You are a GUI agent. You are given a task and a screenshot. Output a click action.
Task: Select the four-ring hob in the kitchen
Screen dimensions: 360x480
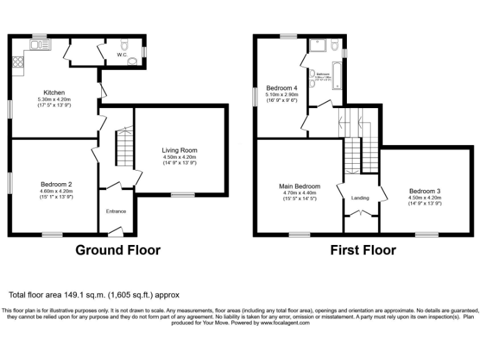pyautogui.click(x=18, y=62)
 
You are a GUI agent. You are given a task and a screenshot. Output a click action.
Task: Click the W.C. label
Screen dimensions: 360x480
pyautogui.click(x=122, y=54)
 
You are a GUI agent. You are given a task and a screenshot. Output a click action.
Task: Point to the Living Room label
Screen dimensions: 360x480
pyautogui.click(x=179, y=150)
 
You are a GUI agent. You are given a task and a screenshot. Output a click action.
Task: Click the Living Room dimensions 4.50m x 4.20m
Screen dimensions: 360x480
pyautogui.click(x=179, y=157)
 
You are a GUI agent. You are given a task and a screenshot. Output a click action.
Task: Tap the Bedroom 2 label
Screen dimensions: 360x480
pyautogui.click(x=56, y=184)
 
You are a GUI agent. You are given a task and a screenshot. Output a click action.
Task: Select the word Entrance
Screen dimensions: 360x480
pyautogui.click(x=116, y=211)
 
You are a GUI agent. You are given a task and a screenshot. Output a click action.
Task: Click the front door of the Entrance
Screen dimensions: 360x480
pyautogui.click(x=116, y=232)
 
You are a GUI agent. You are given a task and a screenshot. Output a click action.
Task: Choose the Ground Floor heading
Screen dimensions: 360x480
pyautogui.click(x=117, y=250)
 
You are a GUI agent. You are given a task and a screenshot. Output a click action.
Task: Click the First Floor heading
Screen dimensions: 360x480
pyautogui.click(x=363, y=250)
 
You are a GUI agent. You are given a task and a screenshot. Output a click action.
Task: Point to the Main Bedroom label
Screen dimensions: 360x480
pyautogui.click(x=299, y=186)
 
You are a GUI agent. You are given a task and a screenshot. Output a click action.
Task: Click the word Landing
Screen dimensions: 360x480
pyautogui.click(x=360, y=198)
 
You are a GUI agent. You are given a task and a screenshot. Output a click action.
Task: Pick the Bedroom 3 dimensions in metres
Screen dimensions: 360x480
pyautogui.click(x=425, y=197)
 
